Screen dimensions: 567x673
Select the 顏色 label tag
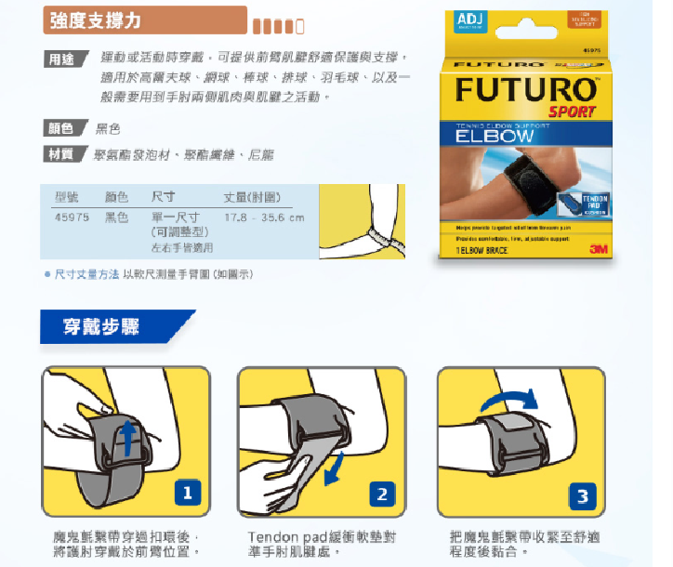coord(60,128)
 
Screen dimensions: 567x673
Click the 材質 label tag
coord(60,153)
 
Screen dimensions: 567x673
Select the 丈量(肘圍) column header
coord(252,198)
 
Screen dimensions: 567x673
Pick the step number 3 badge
coord(582,496)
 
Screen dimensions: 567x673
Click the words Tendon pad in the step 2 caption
coord(289,536)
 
